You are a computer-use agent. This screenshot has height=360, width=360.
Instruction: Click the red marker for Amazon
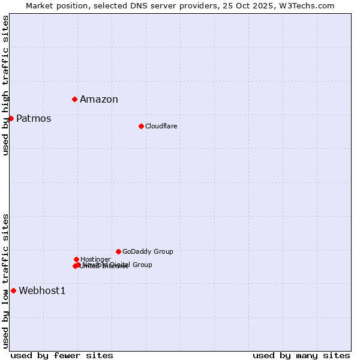coord(74,99)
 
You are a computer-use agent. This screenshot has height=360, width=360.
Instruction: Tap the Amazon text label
coord(99,100)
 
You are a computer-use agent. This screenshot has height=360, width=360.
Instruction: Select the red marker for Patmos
coord(11,118)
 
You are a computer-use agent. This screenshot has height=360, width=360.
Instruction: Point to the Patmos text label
coord(34,119)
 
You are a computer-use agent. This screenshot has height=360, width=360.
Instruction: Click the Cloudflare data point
coord(141,126)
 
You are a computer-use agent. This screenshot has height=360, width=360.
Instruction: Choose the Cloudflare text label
coord(161,126)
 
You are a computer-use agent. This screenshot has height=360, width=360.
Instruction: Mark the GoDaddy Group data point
coord(118,251)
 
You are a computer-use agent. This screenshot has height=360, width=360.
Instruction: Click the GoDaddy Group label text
coord(148,252)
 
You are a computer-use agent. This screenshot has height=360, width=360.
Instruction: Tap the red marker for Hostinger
coord(76,259)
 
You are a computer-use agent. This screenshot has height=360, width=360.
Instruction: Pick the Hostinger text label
coord(95,259)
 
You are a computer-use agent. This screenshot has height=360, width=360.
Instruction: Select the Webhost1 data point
coord(13,290)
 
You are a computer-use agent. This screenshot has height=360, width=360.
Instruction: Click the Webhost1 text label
coord(42,291)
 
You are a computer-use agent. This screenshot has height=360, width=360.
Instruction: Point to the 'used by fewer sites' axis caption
coord(62,355)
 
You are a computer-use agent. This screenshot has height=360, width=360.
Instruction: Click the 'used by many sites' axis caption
coord(301,355)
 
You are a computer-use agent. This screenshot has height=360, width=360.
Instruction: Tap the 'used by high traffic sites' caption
coord(5,85)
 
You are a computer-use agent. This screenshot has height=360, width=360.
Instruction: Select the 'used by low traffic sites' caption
coord(5,280)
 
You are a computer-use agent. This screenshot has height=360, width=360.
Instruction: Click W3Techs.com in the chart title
coord(308,5)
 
